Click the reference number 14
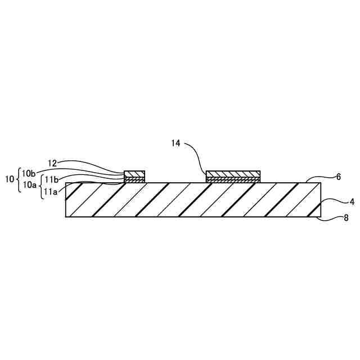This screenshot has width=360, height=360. pos(176,143)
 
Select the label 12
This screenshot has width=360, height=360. pos(52,163)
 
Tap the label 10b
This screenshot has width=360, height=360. pos(29,172)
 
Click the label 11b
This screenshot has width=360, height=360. pos(52,179)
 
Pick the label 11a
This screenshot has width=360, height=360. pos(51,191)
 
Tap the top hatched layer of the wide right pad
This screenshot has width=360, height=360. pos(233,173)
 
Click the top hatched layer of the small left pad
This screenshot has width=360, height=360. pos(134,173)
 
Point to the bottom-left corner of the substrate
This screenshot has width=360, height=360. pos(66,217)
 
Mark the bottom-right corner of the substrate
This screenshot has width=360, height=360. pos(321,217)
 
